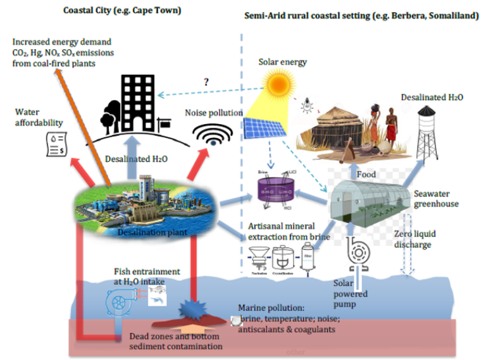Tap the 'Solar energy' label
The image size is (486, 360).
(282, 62)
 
